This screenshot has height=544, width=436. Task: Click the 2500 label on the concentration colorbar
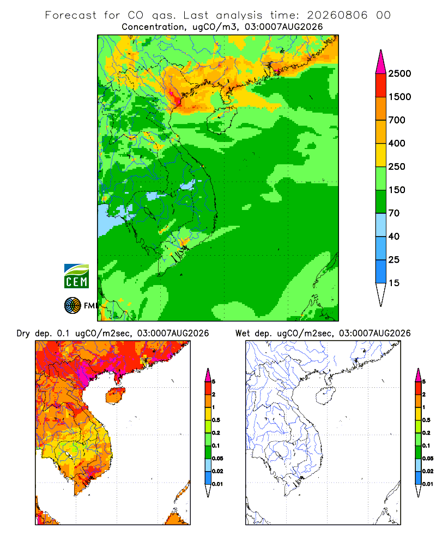coord(399,73)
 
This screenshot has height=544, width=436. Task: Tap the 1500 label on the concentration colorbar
coord(399,97)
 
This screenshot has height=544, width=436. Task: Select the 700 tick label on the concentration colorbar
coord(397,120)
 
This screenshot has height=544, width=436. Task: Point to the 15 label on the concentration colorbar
coord(394,283)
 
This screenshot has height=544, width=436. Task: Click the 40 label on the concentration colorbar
coord(394,237)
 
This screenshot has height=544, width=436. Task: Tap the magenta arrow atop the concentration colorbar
coord(381,62)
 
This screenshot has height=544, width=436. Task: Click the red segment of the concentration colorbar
coord(381,85)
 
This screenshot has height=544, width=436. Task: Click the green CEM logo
coord(76,276)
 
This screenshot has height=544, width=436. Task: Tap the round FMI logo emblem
coord(72,306)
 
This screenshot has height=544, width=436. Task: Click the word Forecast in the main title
coord(71,15)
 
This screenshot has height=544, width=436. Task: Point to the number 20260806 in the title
coord(337,15)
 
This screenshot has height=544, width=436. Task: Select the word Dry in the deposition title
coord(23,334)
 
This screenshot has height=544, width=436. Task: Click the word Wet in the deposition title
coord(243,333)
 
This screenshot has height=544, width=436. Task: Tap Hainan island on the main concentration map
coord(221,120)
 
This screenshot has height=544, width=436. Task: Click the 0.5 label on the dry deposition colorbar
coord(216,420)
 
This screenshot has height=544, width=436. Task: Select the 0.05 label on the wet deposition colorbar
coord(428,459)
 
